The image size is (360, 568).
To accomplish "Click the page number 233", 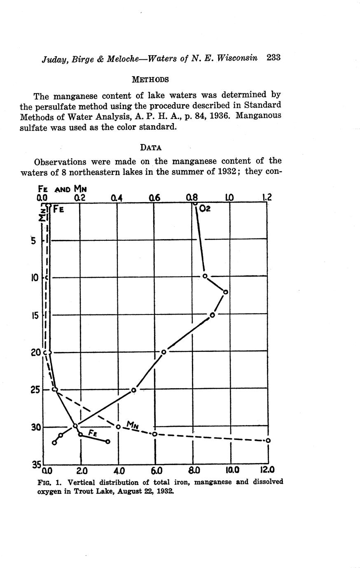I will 273,58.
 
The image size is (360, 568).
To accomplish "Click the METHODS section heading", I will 150,79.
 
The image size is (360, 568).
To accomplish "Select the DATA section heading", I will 150,147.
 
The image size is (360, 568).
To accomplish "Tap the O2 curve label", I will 205,209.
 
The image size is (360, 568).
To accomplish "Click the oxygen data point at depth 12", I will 225,292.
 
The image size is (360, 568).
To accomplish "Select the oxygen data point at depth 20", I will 164,352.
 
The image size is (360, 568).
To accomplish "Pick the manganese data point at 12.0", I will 268,440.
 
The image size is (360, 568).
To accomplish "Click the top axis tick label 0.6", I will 154,198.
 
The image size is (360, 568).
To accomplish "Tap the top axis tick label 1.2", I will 267,198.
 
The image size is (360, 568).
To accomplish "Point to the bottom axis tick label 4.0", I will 119,470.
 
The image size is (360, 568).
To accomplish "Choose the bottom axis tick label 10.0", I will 231,470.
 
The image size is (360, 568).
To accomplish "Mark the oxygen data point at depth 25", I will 133,390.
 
